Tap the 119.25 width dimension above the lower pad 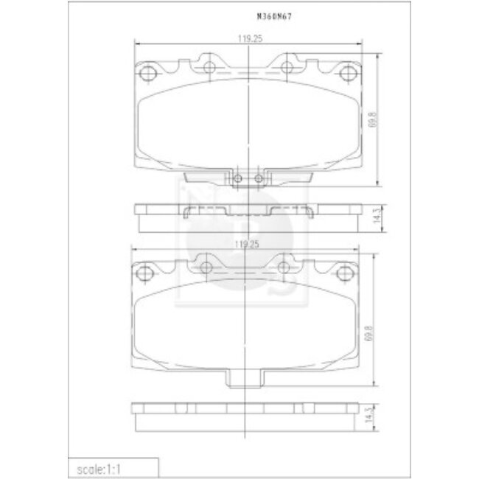click(244, 243)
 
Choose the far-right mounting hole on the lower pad click(344, 273)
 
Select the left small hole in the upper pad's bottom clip click(238, 179)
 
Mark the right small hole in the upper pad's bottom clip click(258, 179)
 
